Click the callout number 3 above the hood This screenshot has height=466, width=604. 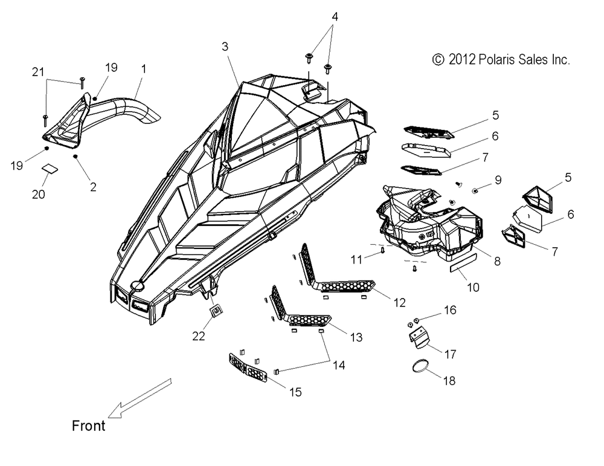click(225, 47)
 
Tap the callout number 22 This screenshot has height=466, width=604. click(198, 336)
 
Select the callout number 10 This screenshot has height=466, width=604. click(473, 287)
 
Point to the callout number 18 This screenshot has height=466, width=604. click(449, 381)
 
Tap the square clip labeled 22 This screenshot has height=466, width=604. click(216, 310)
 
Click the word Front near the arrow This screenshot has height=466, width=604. click(88, 426)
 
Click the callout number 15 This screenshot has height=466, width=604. click(295, 392)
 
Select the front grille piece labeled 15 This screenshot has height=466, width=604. click(248, 368)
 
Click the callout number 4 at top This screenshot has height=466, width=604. click(335, 16)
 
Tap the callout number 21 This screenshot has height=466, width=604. click(37, 72)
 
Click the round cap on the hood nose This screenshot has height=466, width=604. click(137, 286)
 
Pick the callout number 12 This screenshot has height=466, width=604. click(399, 303)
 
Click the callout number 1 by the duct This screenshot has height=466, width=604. click(144, 70)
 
